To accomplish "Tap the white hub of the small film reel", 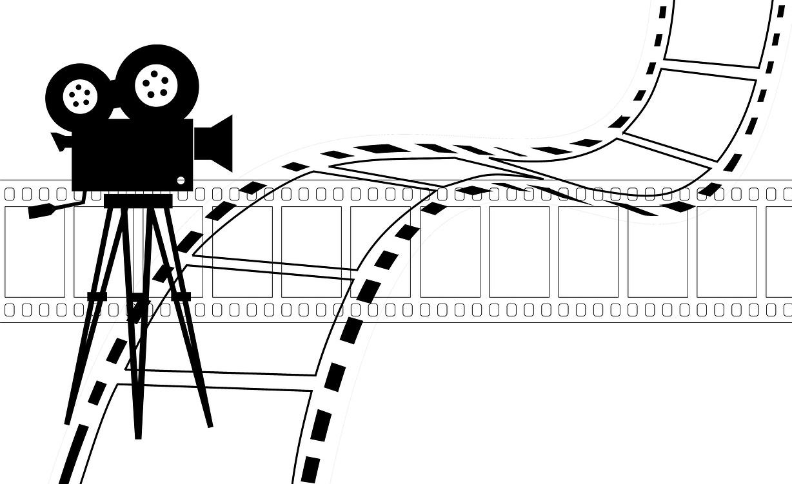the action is click(81, 96).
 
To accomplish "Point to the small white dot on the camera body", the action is click(181, 180).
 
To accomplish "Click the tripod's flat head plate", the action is click(138, 200).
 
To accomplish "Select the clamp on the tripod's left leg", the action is click(97, 296).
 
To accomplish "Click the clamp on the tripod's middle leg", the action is click(137, 297).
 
